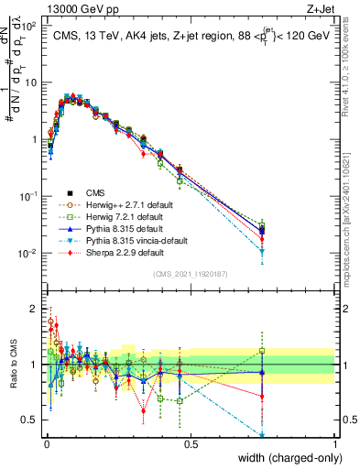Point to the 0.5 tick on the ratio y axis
35,421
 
